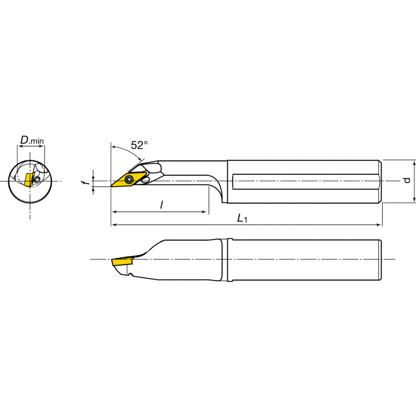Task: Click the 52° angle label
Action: tap(139, 145)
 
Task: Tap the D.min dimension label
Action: tap(31, 140)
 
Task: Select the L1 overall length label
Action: tap(242, 219)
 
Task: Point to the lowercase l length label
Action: tap(161, 205)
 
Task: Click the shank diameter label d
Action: tap(407, 180)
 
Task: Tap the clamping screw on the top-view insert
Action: tap(130, 179)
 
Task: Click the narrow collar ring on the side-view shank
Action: tap(227, 260)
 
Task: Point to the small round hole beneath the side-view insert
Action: tap(130, 273)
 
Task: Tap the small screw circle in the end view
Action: tap(35, 180)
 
